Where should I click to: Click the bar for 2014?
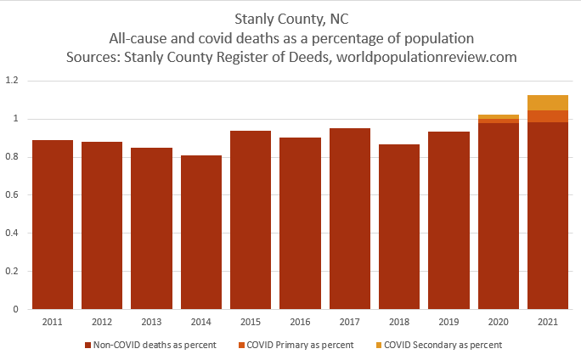pyautogui.click(x=201, y=233)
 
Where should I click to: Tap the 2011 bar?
pyautogui.click(x=53, y=225)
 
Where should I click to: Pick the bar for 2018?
pyautogui.click(x=399, y=227)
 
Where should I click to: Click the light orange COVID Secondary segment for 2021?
pyautogui.click(x=548, y=103)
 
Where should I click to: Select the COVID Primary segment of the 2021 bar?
pyautogui.click(x=548, y=116)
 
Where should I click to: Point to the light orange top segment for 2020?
pyautogui.click(x=499, y=117)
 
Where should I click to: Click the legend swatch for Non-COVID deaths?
pyautogui.click(x=88, y=346)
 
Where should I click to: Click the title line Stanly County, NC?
pyautogui.click(x=290, y=19)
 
